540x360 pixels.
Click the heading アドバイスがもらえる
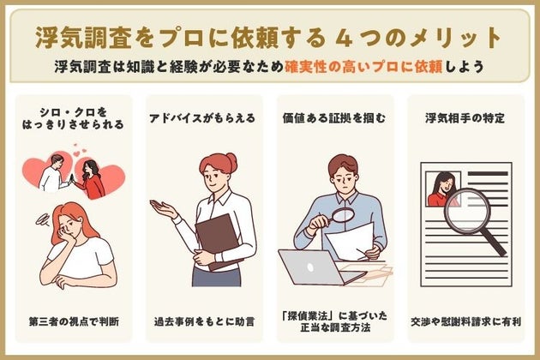click(x=202, y=118)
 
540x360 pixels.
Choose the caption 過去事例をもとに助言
click(x=202, y=322)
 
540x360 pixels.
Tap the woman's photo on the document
click(x=443, y=189)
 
